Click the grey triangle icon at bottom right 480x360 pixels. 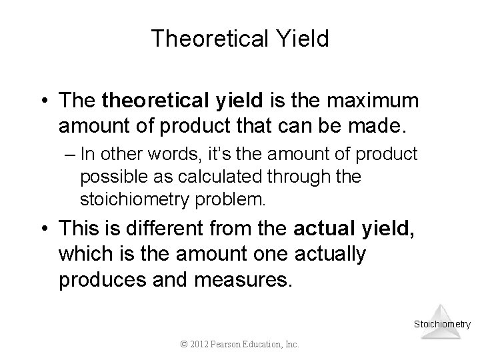click(x=442, y=317)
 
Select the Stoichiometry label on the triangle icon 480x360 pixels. click(x=442, y=325)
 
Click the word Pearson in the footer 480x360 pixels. click(x=231, y=345)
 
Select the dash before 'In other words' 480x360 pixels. click(x=69, y=154)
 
